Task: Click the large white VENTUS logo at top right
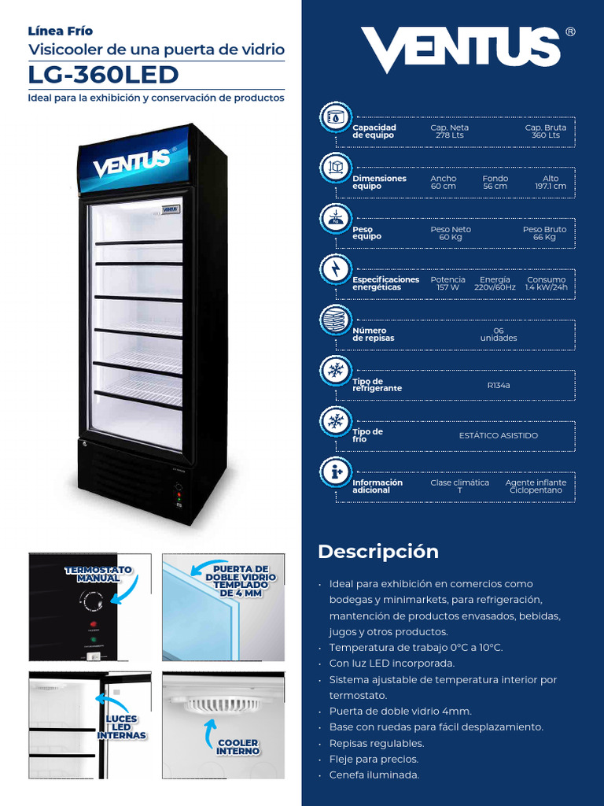[461, 50]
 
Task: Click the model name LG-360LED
[103, 75]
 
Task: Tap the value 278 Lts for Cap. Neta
[449, 135]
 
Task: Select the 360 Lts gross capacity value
[545, 135]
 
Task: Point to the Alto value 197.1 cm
[551, 187]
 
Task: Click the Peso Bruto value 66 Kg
[544, 237]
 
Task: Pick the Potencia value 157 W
[447, 287]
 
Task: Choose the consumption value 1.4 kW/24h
[546, 287]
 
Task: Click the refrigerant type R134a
[499, 386]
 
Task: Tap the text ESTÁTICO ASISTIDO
[499, 435]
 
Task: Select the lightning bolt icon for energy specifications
[336, 269]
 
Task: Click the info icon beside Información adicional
[336, 472]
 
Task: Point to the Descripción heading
[378, 552]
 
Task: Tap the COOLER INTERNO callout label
[238, 747]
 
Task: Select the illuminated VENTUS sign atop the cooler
[132, 162]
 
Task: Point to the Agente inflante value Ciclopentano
[536, 490]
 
